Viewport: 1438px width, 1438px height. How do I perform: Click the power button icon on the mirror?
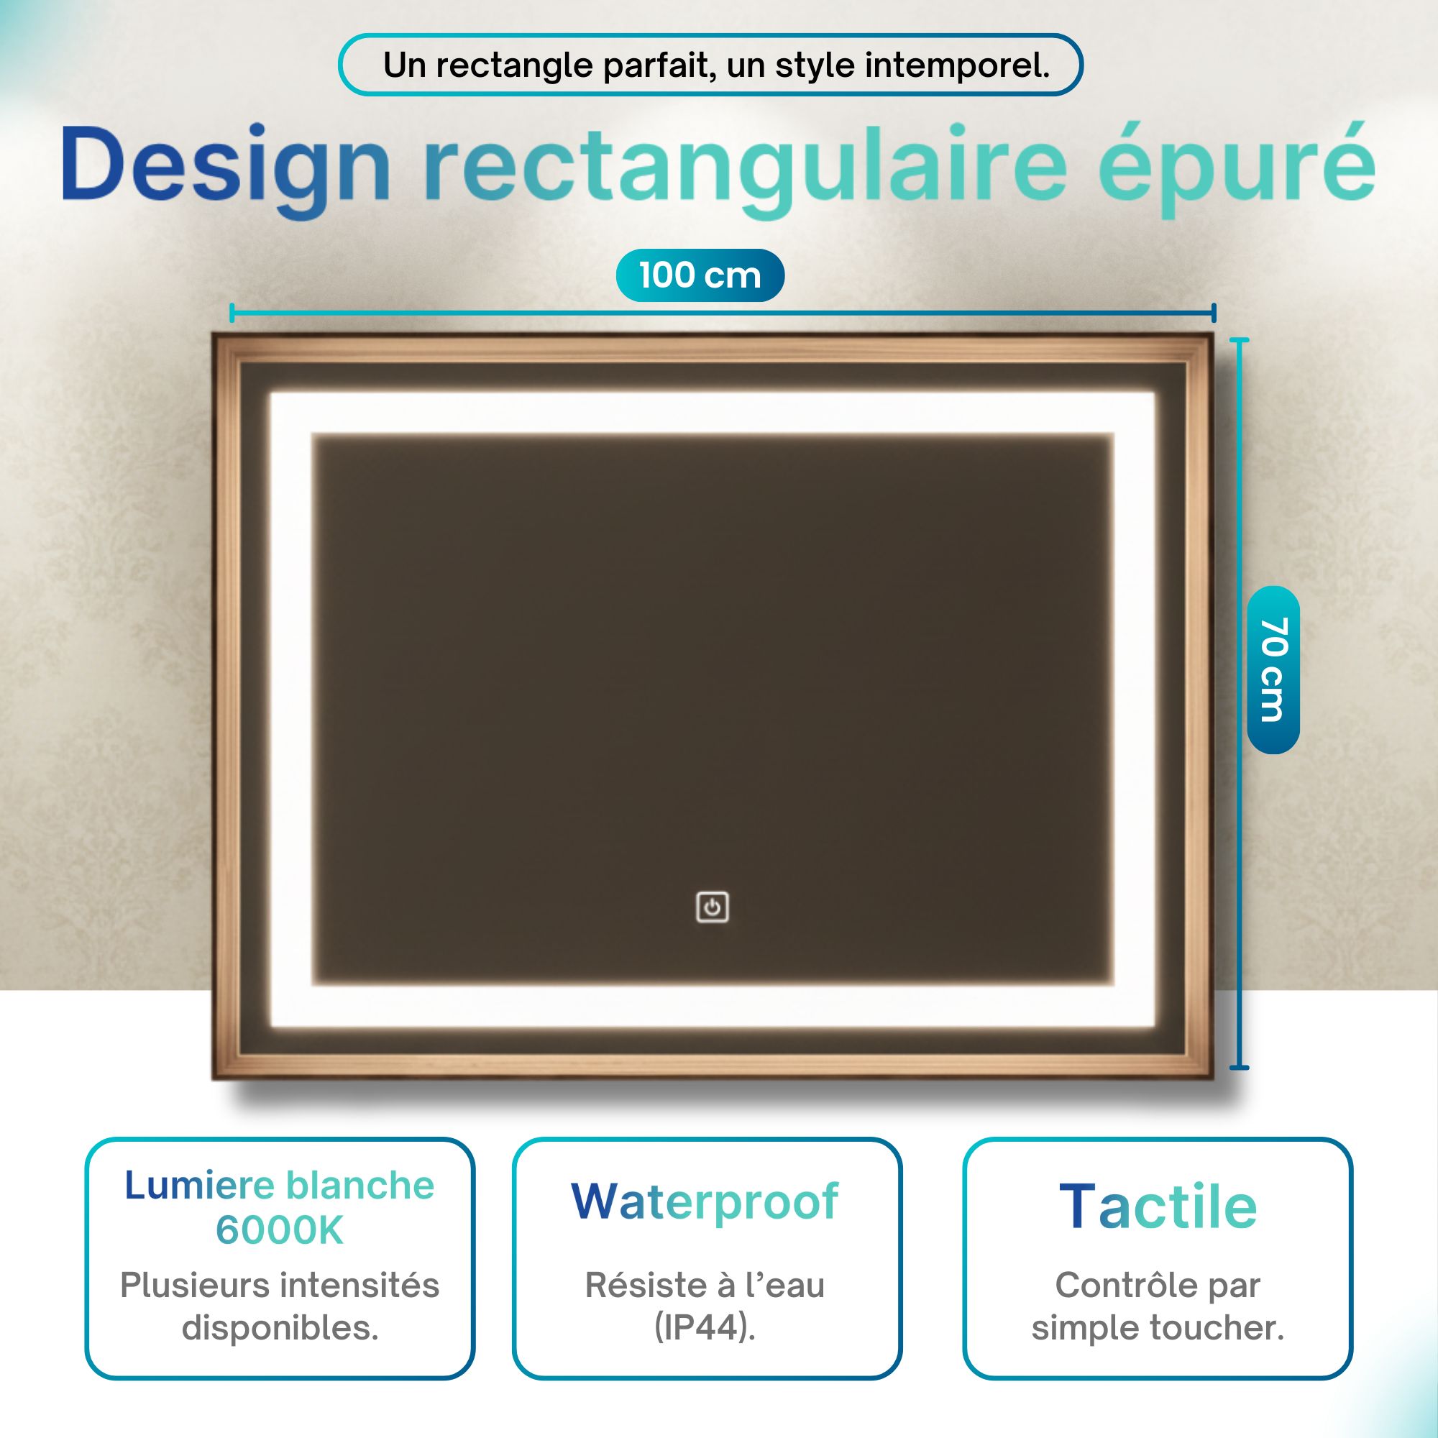coord(713,907)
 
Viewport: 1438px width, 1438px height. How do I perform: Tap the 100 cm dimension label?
coord(700,275)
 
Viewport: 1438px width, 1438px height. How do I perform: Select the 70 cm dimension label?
coord(1273,669)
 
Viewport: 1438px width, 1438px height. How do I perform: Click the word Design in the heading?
coord(226,165)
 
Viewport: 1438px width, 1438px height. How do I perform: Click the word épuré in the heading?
coord(1236,165)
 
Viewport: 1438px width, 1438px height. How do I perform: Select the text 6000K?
coord(280,1231)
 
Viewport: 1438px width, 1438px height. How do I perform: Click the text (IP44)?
coord(705,1327)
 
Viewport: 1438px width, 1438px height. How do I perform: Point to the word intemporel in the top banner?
coord(957,65)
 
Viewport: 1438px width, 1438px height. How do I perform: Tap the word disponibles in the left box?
coord(280,1327)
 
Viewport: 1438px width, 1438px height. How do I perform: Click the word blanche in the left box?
coord(360,1185)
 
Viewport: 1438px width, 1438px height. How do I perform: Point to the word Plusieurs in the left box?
coord(195,1285)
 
